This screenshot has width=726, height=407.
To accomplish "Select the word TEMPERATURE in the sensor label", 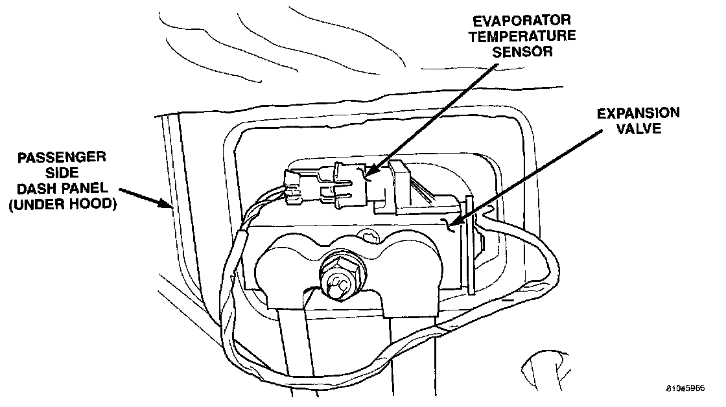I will (x=522, y=36).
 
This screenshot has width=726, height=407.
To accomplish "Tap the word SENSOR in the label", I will (x=522, y=52).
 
